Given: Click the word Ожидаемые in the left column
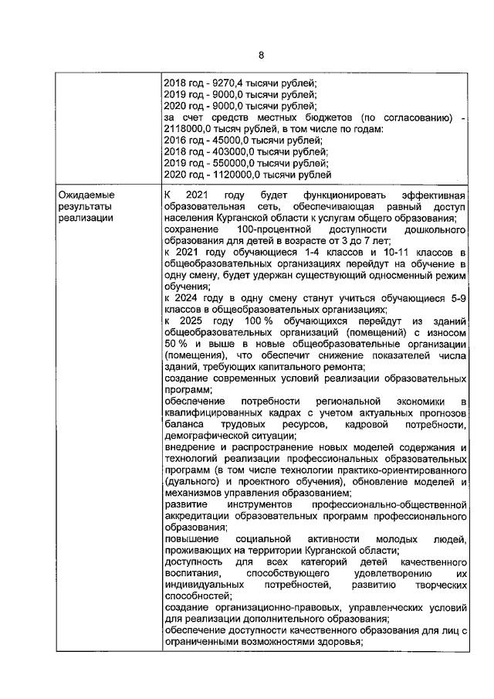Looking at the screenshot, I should [x=84, y=195].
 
